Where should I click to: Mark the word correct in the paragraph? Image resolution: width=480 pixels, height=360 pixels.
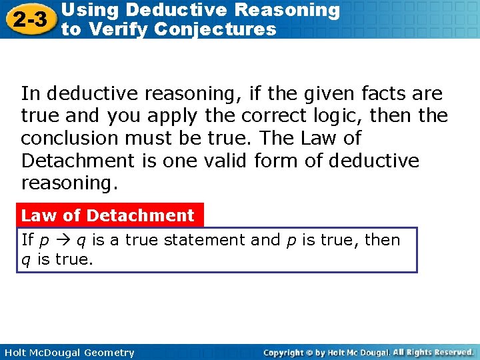(265, 116)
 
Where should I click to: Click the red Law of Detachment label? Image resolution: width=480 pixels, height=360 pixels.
(107, 215)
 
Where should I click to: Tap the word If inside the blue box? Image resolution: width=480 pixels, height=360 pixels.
(27, 240)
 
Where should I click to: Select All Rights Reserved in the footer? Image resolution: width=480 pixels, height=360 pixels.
(433, 352)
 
